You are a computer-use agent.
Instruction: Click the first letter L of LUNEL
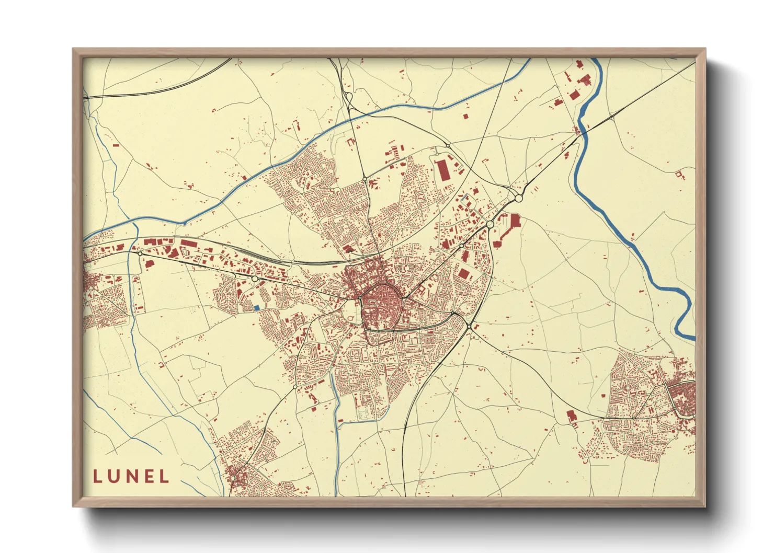click(x=98, y=477)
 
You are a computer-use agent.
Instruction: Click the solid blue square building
click(x=256, y=307)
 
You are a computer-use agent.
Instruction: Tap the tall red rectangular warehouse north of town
click(x=445, y=170)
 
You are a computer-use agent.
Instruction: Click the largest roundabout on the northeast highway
click(x=518, y=199)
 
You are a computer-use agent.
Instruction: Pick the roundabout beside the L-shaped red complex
click(x=490, y=224)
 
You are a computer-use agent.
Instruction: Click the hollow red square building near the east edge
click(x=679, y=175)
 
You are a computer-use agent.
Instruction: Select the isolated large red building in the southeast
click(x=571, y=416)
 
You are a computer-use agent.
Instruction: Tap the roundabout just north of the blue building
click(x=255, y=279)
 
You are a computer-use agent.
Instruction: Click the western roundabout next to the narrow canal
click(x=140, y=254)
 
